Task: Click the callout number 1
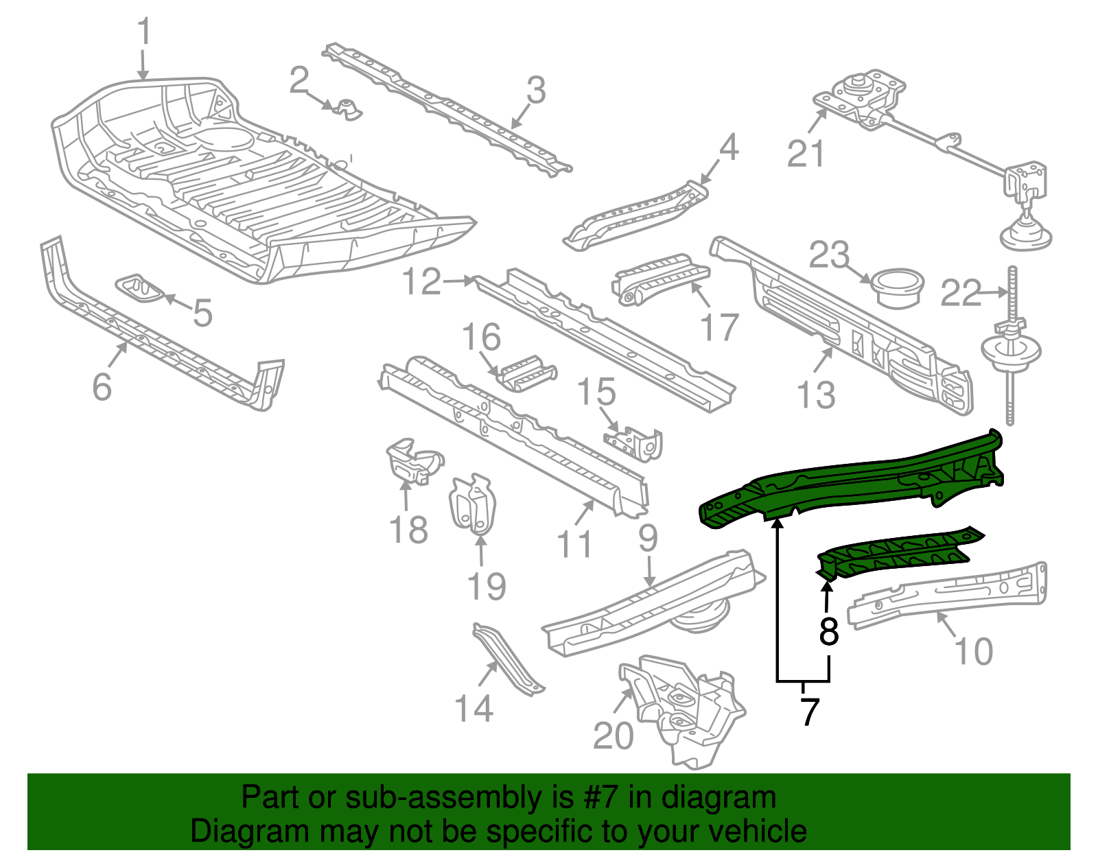pyautogui.click(x=143, y=33)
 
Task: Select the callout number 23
pyautogui.click(x=829, y=255)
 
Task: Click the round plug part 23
pyautogui.click(x=898, y=288)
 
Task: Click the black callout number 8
pyautogui.click(x=829, y=632)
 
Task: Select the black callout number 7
pyautogui.click(x=810, y=712)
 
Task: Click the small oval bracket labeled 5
pyautogui.click(x=140, y=289)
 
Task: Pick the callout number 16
pyautogui.click(x=481, y=338)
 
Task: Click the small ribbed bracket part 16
pyautogui.click(x=527, y=373)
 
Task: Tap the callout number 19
pyautogui.click(x=486, y=587)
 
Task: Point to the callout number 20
pyautogui.click(x=613, y=736)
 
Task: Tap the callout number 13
pyautogui.click(x=816, y=395)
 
